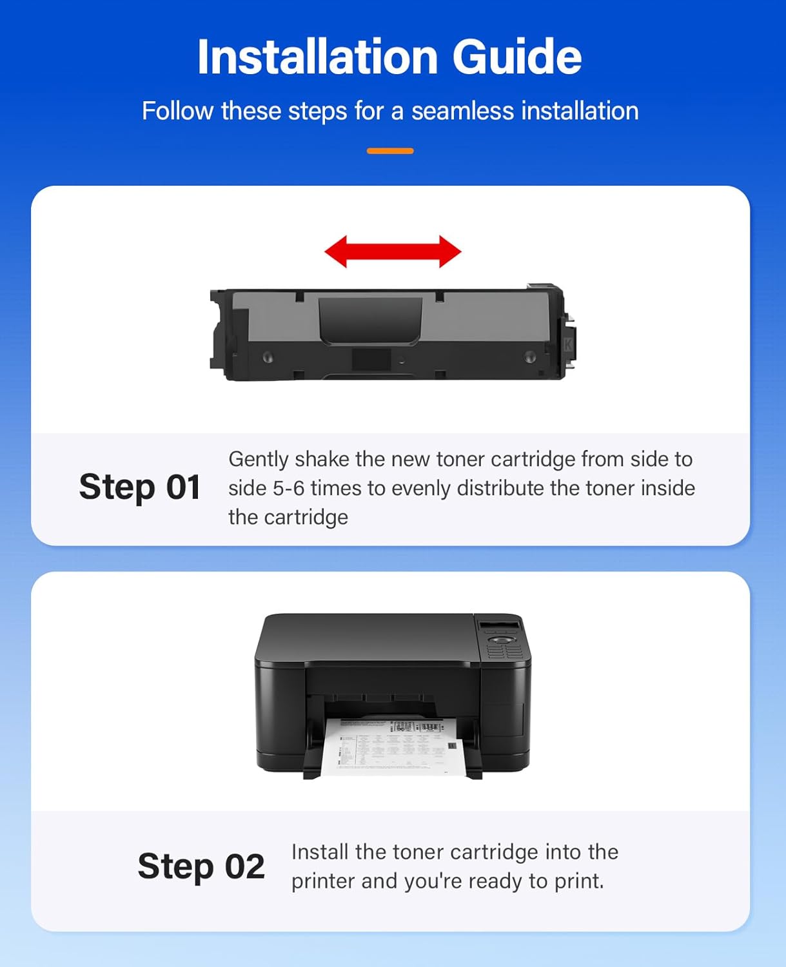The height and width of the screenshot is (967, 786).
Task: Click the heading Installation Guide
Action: click(389, 57)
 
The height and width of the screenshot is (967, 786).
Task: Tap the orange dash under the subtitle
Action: click(390, 151)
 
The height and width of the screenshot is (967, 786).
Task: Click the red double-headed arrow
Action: click(393, 251)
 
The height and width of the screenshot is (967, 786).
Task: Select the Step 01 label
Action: click(139, 487)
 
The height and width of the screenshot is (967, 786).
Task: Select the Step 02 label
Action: click(201, 866)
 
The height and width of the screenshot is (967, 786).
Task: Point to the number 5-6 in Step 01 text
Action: click(288, 488)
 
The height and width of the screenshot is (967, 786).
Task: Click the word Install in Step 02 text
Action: click(320, 852)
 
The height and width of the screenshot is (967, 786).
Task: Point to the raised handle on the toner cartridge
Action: click(370, 320)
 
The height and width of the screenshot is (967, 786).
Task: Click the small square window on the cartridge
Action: click(371, 360)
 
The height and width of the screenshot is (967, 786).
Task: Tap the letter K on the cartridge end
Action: click(568, 344)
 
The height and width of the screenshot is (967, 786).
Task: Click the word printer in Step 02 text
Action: click(323, 881)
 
